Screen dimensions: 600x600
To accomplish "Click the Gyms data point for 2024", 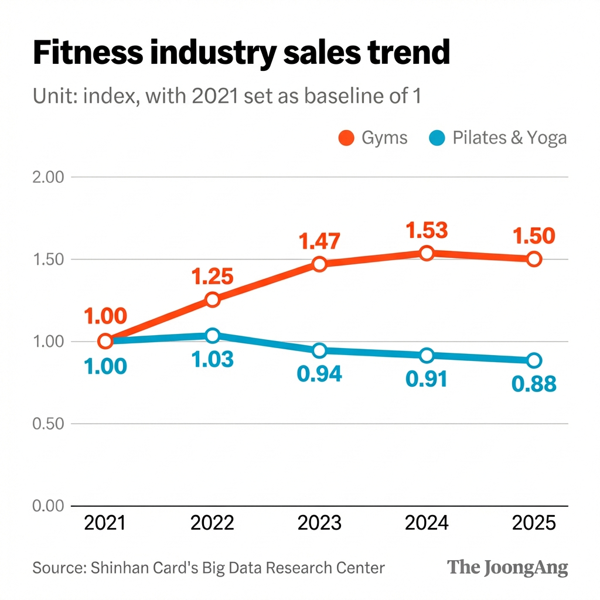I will (x=427, y=253).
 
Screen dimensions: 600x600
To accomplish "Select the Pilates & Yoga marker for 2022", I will (x=213, y=336).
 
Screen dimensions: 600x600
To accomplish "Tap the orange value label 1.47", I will (x=319, y=241).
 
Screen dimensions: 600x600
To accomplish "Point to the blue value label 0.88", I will (x=533, y=384).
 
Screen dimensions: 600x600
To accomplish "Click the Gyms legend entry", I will (x=373, y=138).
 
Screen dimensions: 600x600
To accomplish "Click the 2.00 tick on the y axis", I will (x=47, y=177).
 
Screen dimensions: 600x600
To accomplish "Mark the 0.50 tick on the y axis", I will (x=47, y=424).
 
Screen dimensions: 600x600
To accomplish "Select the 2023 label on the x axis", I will (x=319, y=523).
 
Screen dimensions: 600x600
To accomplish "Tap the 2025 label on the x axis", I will (x=533, y=523).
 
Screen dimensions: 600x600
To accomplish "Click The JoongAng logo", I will (x=507, y=567).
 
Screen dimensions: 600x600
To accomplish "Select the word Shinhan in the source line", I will (x=116, y=567).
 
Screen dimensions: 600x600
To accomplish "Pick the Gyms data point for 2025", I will (x=533, y=258).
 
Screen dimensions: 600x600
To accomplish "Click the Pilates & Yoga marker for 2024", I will (x=427, y=355).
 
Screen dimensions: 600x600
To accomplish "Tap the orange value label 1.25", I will (x=213, y=275).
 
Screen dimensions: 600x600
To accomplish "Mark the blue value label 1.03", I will (x=213, y=359).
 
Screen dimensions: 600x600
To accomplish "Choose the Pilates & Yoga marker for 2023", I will (x=319, y=350).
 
